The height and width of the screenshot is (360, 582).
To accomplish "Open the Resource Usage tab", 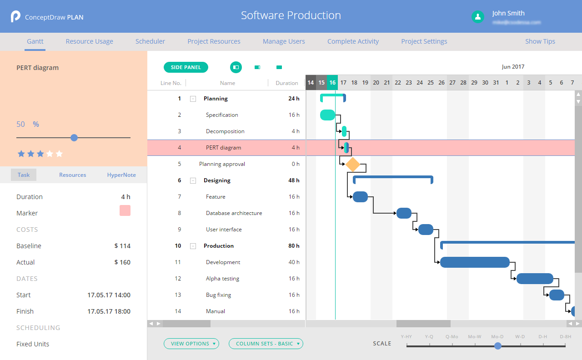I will [89, 41].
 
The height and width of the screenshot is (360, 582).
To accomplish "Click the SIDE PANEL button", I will [186, 67].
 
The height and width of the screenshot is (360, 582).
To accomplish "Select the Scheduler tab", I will [150, 41].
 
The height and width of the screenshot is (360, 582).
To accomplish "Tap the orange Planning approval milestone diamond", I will [352, 164].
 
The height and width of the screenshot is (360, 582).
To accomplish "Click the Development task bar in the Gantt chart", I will [474, 262].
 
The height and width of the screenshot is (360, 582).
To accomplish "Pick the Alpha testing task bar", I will [535, 279].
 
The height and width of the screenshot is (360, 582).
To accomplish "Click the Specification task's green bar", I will [327, 115].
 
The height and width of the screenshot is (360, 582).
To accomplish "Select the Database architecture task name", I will [234, 213].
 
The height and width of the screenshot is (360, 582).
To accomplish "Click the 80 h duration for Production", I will [293, 246].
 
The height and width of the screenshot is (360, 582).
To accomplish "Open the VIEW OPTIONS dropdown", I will [191, 344].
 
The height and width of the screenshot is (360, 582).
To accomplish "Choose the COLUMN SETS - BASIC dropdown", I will [266, 344].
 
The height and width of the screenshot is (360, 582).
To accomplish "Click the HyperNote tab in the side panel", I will [121, 175].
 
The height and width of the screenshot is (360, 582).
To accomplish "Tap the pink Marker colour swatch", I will [125, 210].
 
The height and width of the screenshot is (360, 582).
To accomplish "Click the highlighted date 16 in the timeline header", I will [332, 83].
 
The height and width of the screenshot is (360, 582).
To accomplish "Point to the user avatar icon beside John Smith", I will [477, 17].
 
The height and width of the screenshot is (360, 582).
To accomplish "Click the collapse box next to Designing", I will [193, 180].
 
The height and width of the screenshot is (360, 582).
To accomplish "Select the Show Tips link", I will [540, 41].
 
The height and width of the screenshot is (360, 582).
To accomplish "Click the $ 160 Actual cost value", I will [122, 262].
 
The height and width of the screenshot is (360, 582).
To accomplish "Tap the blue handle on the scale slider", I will [498, 346].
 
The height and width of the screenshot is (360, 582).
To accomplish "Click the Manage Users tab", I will [284, 41].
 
